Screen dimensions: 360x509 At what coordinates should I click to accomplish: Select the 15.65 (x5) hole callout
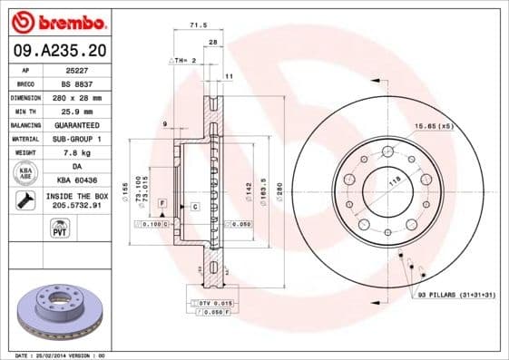pos(433,125)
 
